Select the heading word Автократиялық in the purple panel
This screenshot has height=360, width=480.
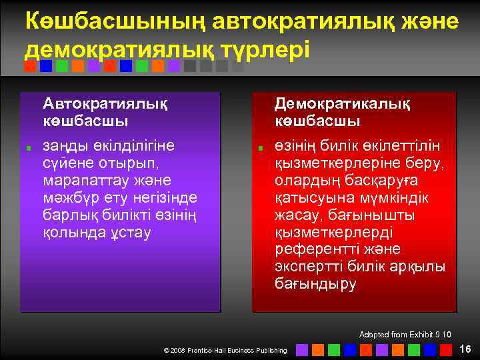tap(105, 103)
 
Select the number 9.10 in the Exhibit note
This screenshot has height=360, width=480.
tap(441, 334)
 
